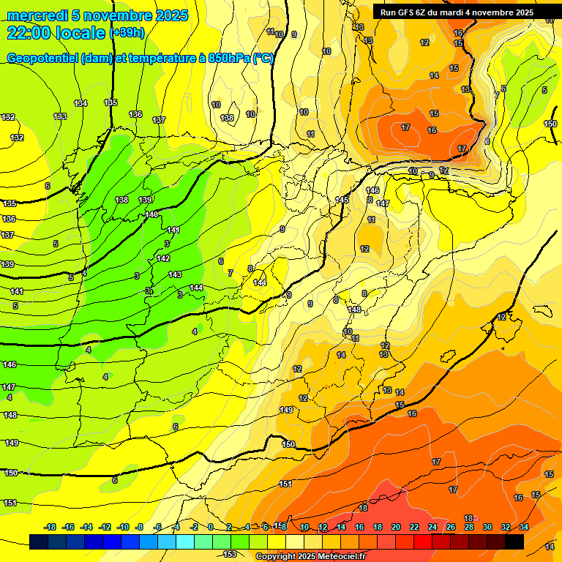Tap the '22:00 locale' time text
56,32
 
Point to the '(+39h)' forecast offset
127,33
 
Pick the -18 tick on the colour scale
50,527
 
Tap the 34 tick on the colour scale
523,527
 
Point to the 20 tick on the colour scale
396,527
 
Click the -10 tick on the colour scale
123,527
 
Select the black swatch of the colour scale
514,542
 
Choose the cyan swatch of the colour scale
185,542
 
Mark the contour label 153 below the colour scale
230,554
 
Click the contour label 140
151,214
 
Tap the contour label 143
175,274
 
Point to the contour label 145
342,200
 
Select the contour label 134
80,103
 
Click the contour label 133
60,116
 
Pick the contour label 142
163,258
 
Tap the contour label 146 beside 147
372,190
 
